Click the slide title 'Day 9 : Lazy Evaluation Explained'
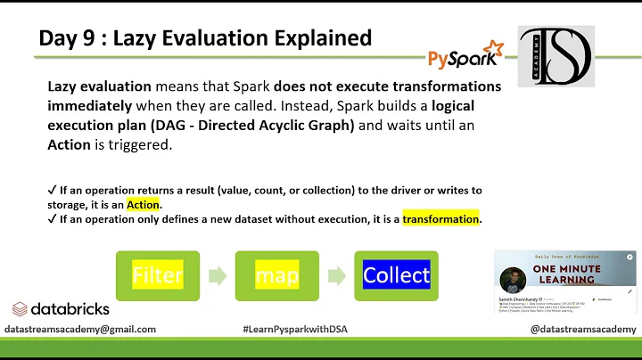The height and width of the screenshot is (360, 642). [205, 37]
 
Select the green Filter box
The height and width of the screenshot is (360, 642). [158, 275]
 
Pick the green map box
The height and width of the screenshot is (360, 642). [277, 275]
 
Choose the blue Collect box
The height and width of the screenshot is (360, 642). [396, 275]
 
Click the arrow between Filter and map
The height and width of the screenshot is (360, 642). [217, 275]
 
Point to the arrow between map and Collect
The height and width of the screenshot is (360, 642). [336, 275]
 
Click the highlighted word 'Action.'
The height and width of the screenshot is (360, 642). [144, 205]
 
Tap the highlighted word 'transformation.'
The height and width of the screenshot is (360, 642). [442, 218]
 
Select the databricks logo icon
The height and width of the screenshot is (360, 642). [21, 309]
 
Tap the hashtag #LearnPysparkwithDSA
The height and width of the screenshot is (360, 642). [295, 329]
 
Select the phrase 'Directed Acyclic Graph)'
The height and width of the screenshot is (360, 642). [284, 126]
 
